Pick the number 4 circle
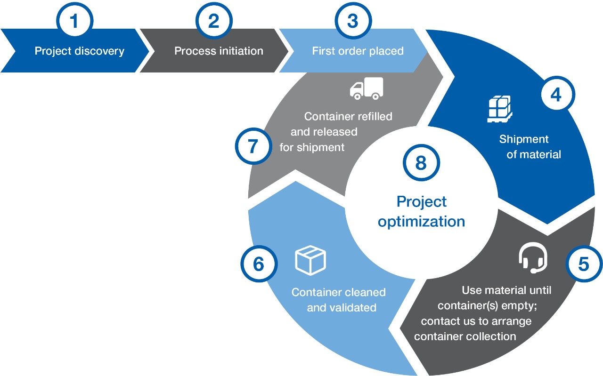[x=556, y=95]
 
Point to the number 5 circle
[x=583, y=264]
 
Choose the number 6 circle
[x=259, y=264]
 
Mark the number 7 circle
[x=253, y=146]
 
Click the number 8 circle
[x=421, y=163]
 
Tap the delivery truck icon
[x=366, y=88]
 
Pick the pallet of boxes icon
[x=499, y=109]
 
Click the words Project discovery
[x=79, y=51]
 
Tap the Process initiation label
[x=219, y=51]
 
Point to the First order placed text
[x=358, y=51]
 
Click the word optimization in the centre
[x=421, y=221]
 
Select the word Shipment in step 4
[x=524, y=139]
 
